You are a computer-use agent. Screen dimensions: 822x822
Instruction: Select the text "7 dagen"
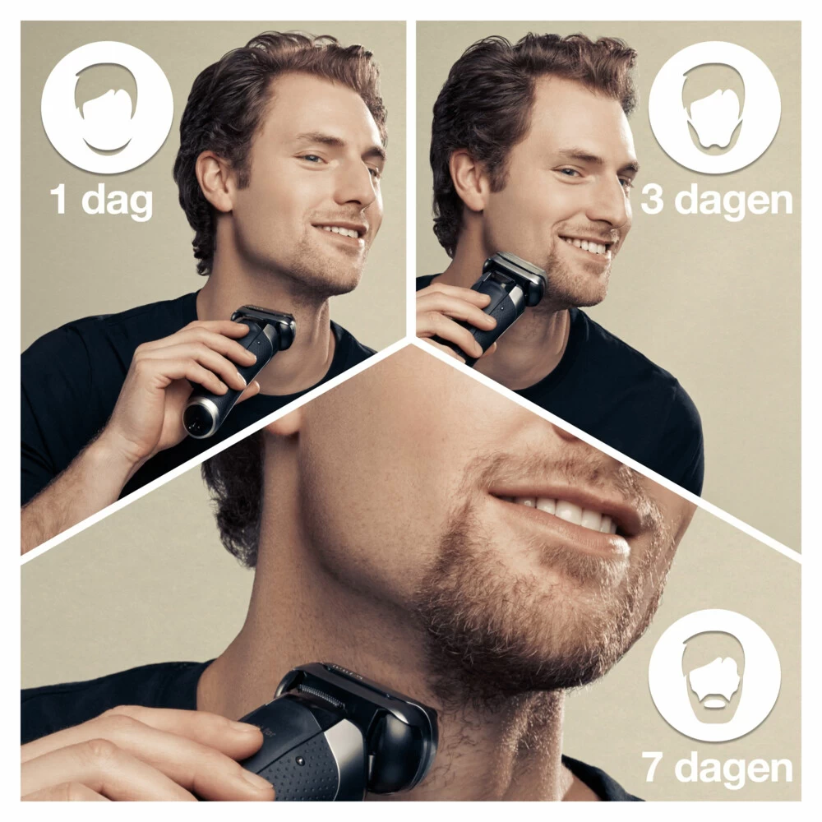click(717, 768)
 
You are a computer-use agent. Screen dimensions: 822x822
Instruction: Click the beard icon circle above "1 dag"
click(107, 107)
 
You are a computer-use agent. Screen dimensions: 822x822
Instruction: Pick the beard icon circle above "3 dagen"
click(714, 107)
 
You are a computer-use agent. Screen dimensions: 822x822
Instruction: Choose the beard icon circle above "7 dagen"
click(714, 675)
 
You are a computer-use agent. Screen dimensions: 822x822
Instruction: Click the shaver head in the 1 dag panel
click(266, 321)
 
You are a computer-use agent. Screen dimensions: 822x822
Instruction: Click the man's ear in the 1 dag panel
click(216, 177)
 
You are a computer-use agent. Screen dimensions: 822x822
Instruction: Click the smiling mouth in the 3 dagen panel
click(585, 244)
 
